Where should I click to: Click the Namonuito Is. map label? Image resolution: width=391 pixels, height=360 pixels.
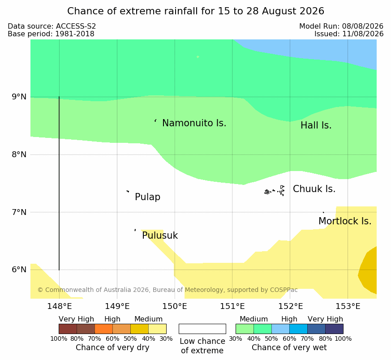pos(194,123)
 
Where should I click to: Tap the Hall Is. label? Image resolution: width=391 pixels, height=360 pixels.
pos(316,125)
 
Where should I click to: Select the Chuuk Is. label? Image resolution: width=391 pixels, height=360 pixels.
pos(314,189)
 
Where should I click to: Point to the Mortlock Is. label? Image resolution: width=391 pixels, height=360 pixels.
pos(345,221)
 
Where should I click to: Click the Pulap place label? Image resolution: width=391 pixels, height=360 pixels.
pos(147,197)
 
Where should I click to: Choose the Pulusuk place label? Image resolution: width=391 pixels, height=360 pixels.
pos(160,236)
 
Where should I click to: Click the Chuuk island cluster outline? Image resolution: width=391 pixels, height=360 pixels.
pos(275,191)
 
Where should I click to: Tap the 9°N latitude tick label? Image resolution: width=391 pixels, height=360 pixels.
pos(19,97)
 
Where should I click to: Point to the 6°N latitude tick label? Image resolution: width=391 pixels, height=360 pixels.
pos(19,270)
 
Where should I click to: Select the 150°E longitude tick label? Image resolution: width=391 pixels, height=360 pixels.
pos(175,306)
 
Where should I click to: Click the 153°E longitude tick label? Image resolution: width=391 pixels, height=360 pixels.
pos(348,306)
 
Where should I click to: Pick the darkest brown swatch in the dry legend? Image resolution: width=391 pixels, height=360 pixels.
pos(68,329)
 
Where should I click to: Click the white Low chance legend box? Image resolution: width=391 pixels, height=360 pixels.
pos(202,329)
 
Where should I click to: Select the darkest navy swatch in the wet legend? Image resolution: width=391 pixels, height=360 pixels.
pos(334,329)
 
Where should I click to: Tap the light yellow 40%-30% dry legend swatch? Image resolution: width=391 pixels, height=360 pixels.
pos(157,329)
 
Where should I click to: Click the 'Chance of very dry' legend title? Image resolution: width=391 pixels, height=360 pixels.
pos(112,347)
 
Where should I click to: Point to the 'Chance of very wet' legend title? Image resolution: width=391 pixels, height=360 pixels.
pos(289,347)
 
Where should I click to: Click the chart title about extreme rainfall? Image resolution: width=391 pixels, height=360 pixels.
pos(195,11)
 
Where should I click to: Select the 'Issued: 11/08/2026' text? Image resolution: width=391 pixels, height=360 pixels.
pos(348,34)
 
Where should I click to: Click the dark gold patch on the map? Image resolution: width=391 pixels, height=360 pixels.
pos(369,271)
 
